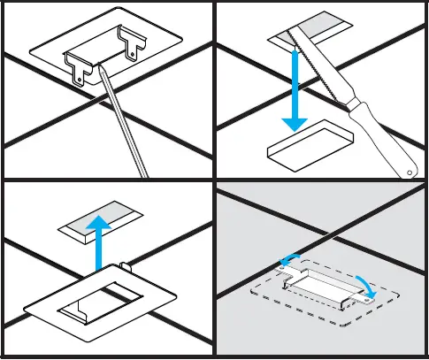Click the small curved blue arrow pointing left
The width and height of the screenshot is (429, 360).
[x=287, y=259]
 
